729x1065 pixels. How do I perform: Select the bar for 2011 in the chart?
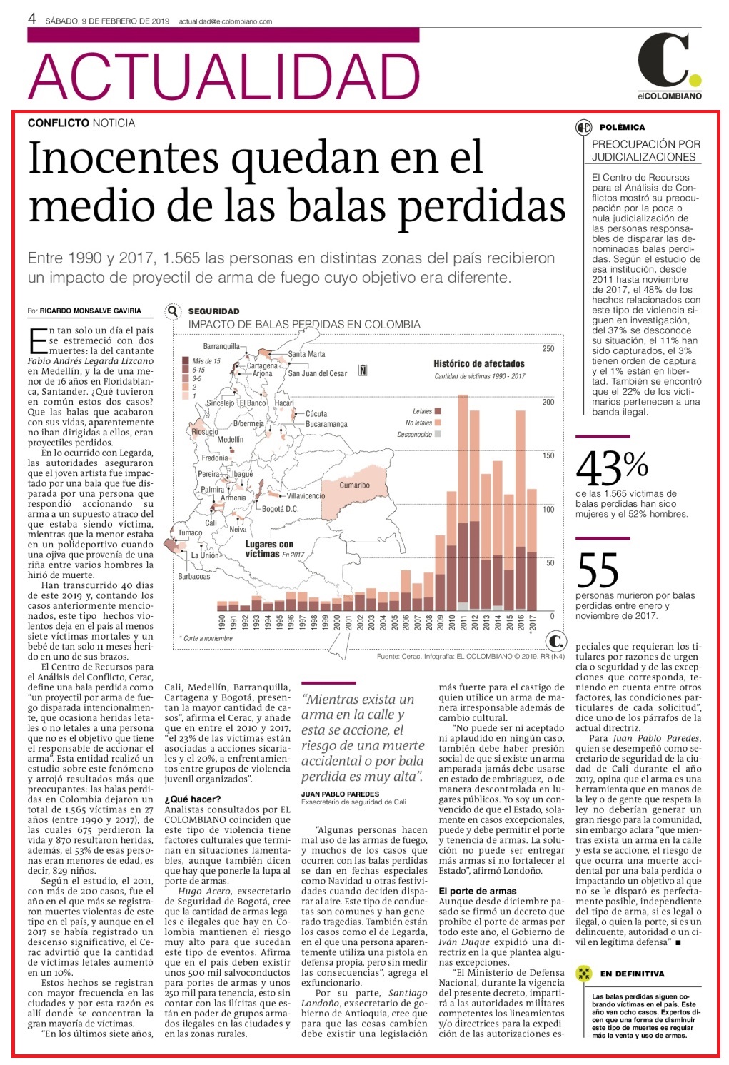[463, 503]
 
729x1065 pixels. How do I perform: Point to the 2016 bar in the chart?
[521, 510]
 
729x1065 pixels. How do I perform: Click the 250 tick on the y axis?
[548, 348]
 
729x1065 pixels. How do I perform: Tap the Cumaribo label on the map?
[354, 485]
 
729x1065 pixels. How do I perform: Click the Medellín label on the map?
[230, 439]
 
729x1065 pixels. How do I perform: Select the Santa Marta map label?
[307, 354]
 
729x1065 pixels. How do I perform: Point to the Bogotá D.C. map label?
[280, 509]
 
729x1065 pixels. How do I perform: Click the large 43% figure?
[612, 468]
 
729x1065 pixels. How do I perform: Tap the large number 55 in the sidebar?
[598, 570]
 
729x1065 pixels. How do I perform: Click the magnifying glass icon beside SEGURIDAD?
[173, 311]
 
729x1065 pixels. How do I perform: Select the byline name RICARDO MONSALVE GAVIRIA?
[91, 311]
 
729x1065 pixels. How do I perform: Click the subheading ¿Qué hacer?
[193, 799]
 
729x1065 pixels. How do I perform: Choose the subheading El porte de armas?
[477, 891]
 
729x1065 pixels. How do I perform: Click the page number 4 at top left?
[32, 19]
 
